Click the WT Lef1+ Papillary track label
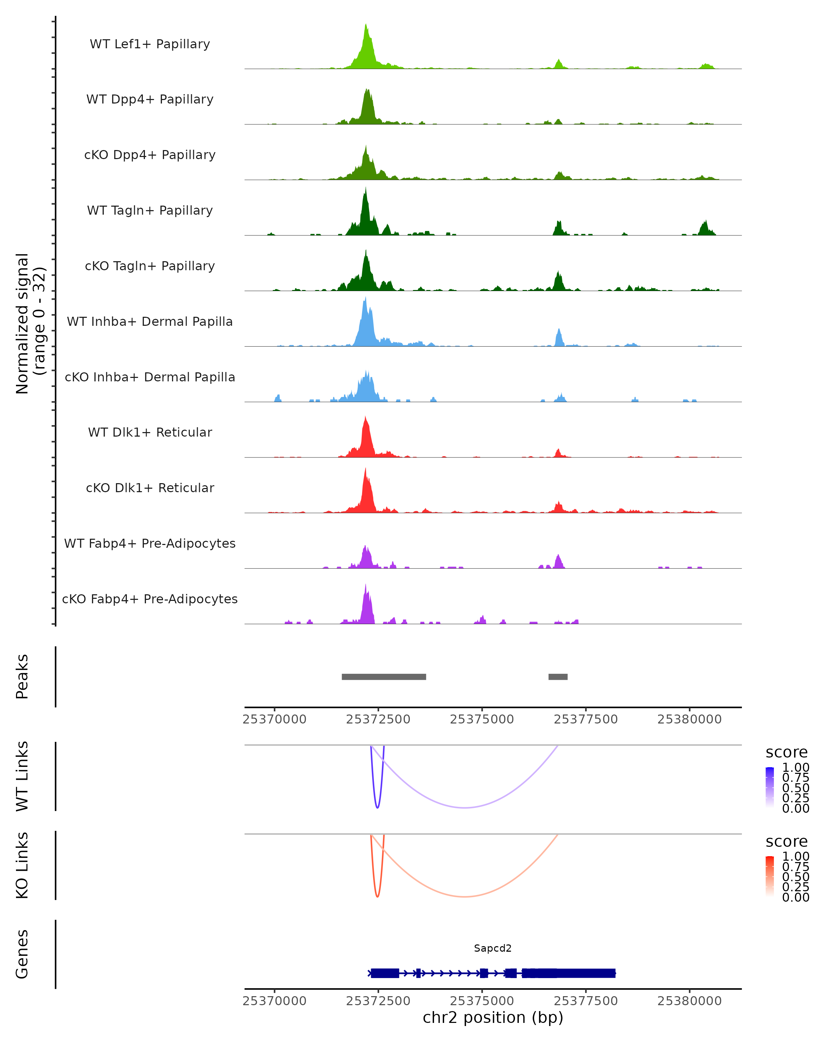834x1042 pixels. coord(150,44)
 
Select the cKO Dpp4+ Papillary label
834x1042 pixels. coord(150,155)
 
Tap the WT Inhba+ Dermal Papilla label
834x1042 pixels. coord(150,321)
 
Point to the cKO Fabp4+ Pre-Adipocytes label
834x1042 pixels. coord(150,599)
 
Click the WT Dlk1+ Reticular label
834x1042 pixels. coord(150,432)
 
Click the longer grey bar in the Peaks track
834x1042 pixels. coord(384,677)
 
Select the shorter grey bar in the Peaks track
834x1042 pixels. coord(558,677)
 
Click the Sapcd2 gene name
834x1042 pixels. coord(493,948)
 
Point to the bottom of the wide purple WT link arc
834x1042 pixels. coord(465,808)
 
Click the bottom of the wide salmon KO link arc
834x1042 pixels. coord(465,896)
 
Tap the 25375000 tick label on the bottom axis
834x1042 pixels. coord(482,1001)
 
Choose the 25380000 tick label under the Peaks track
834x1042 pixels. coord(689,719)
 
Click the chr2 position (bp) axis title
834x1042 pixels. coord(493,1018)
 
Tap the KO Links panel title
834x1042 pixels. coord(22,865)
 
